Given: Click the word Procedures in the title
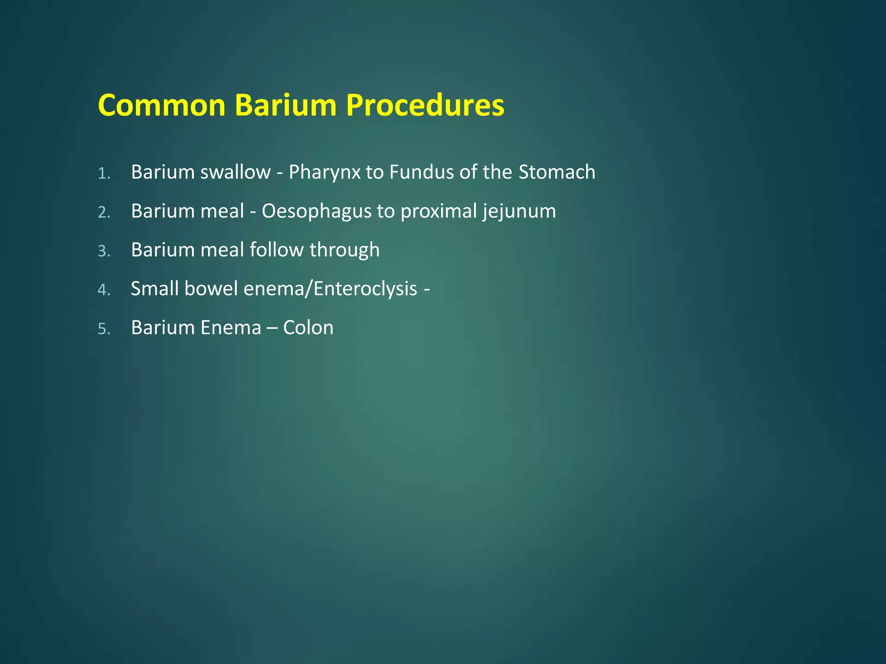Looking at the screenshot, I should pyautogui.click(x=425, y=105).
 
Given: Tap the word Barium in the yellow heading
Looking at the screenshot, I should pyautogui.click(x=286, y=105).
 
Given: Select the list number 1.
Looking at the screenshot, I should pyautogui.click(x=104, y=174).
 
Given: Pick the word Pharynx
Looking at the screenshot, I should pyautogui.click(x=324, y=172).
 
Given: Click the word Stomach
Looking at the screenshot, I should pyautogui.click(x=557, y=172).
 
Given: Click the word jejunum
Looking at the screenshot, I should pyautogui.click(x=519, y=211).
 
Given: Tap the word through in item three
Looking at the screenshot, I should pyautogui.click(x=344, y=250).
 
